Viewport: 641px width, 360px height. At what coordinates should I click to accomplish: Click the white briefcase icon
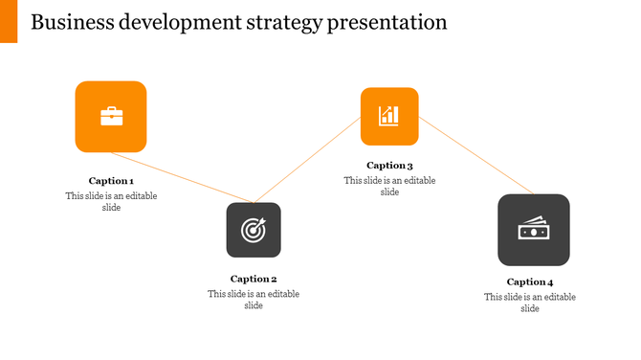point(111,117)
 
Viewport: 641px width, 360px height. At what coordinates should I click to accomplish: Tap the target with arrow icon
point(253,230)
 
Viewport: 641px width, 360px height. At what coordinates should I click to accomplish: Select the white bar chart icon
point(388,116)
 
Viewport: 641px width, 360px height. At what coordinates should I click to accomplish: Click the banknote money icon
point(533,230)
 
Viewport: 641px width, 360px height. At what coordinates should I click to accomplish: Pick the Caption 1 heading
point(111,181)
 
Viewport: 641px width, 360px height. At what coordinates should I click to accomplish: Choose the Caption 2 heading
point(253,280)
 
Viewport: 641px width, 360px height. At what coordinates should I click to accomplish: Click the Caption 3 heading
point(389,166)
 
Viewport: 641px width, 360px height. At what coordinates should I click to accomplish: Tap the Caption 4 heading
point(530,282)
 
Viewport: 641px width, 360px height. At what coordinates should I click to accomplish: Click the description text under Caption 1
point(111,202)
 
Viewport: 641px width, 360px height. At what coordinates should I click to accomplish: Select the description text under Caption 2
point(253,300)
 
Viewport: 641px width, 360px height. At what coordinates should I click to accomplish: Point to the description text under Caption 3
point(389,186)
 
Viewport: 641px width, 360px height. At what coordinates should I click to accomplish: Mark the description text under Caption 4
point(530,303)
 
